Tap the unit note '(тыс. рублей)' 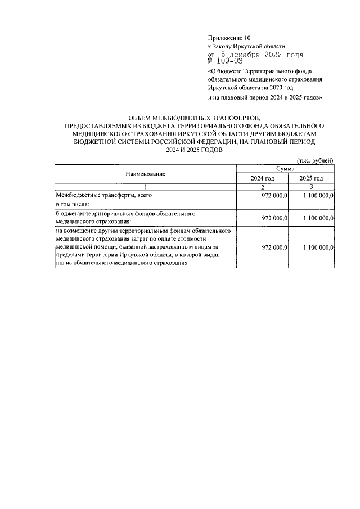pos(316,161)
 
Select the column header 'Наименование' pos(145,174)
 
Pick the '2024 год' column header pos(262,178)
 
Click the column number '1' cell pos(145,187)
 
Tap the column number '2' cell pos(262,187)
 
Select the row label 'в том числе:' pos(72,205)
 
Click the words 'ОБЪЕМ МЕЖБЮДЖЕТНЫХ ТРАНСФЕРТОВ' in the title pos(195,118)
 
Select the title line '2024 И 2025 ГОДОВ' pos(195,150)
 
